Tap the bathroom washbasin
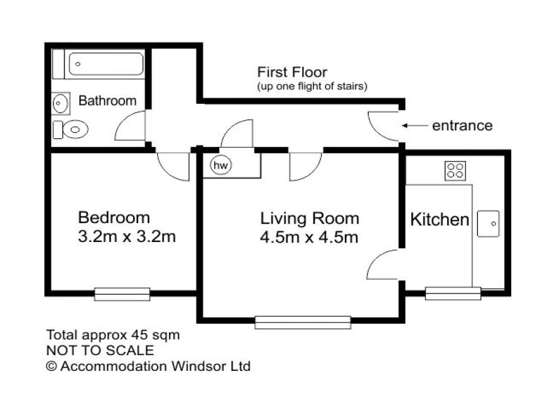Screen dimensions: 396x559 (x=60, y=102)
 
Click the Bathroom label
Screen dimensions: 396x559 (x=107, y=101)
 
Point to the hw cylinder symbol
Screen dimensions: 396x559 (x=220, y=165)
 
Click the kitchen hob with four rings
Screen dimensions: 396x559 (x=455, y=170)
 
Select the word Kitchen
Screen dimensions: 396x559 (x=440, y=220)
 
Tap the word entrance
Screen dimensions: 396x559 (x=462, y=126)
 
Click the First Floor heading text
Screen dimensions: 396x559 (x=292, y=72)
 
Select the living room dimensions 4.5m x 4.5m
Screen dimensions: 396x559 (x=310, y=238)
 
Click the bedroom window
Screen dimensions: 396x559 (x=122, y=293)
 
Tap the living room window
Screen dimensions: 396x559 (x=303, y=322)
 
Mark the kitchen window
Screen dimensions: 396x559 (x=452, y=292)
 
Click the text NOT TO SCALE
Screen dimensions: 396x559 (x=100, y=351)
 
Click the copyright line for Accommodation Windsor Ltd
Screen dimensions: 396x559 (x=148, y=366)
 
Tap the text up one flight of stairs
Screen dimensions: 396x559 (x=312, y=86)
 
